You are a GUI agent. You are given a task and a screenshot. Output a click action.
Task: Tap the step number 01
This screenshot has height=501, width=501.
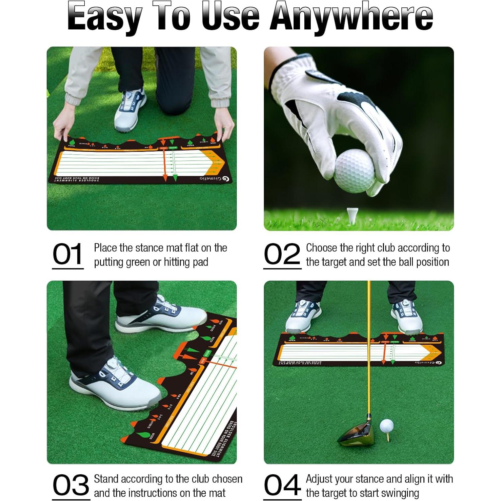click(68, 254)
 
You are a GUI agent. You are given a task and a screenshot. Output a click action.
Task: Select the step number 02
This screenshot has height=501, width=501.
click(282, 254)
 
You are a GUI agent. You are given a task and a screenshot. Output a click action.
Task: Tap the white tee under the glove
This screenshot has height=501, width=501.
click(351, 215)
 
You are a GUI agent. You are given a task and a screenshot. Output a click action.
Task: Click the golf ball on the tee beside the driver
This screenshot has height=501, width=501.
click(386, 426)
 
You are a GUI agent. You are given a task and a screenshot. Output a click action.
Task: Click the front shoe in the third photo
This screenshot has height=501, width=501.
click(114, 385)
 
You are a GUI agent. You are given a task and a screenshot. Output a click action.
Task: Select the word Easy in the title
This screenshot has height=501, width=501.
click(104, 17)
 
